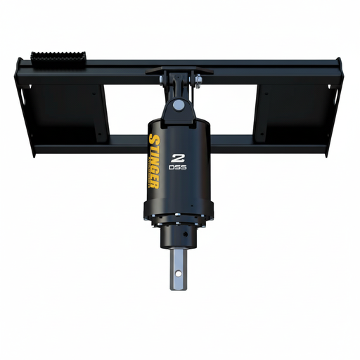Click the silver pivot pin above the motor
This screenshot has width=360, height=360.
click(x=179, y=105)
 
